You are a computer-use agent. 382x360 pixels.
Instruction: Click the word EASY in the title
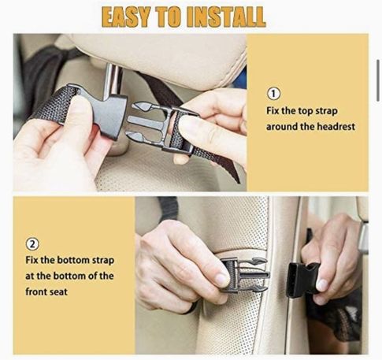coord(126,17)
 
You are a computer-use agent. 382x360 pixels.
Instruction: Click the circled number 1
coord(273,94)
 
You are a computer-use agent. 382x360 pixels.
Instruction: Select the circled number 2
coord(32,244)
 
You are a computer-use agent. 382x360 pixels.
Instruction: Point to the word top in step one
coord(306,111)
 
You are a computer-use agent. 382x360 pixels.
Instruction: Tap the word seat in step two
coord(58,292)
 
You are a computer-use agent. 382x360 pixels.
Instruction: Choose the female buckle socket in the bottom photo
coord(302,280)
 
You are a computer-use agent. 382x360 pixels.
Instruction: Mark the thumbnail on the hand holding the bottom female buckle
coord(322,285)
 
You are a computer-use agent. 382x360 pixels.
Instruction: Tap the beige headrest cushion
coord(158,58)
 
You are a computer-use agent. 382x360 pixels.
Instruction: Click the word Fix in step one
coord(273,111)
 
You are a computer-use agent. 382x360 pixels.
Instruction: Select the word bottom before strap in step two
coord(73,261)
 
